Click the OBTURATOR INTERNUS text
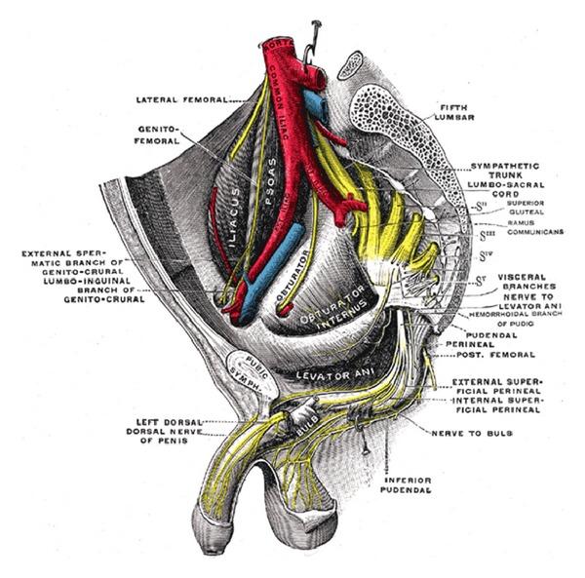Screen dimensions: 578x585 (x=333, y=312)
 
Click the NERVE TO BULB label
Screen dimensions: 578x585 (x=463, y=430)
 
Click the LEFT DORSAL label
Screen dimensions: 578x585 (x=171, y=421)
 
